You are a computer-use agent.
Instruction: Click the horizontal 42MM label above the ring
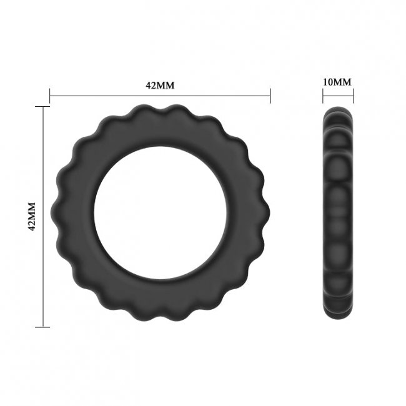tap(160, 86)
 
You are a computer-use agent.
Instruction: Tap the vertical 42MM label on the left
tap(32, 216)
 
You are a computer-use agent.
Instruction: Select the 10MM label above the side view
tap(338, 82)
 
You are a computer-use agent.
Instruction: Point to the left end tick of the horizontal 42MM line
tap(50, 96)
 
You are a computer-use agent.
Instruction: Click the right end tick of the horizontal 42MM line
tap(270, 96)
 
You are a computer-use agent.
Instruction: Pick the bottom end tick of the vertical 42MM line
tap(42, 326)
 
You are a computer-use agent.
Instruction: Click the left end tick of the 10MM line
tap(323, 96)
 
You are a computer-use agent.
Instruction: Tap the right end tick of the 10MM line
tap(354, 96)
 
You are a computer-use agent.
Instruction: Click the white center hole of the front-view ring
tap(160, 216)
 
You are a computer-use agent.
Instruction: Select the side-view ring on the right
tap(339, 216)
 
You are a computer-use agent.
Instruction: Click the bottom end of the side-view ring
tap(339, 322)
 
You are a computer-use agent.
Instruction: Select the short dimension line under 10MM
tap(338, 96)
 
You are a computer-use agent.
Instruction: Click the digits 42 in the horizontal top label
tap(151, 86)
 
